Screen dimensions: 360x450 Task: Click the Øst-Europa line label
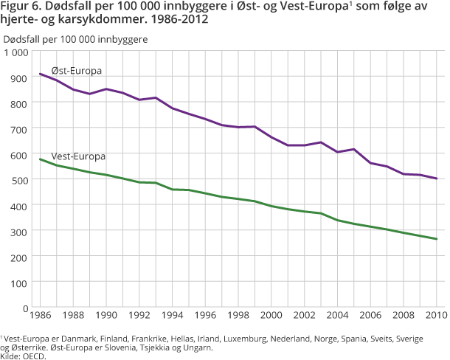click(76, 70)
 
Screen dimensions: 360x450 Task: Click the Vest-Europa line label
click(79, 156)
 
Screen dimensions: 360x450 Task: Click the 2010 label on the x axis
click(436, 317)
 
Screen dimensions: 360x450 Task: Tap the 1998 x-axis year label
click(238, 317)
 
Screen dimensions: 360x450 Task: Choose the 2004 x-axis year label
click(337, 317)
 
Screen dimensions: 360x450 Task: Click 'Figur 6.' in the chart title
click(21, 7)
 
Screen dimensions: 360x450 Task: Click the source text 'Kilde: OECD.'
click(23, 356)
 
